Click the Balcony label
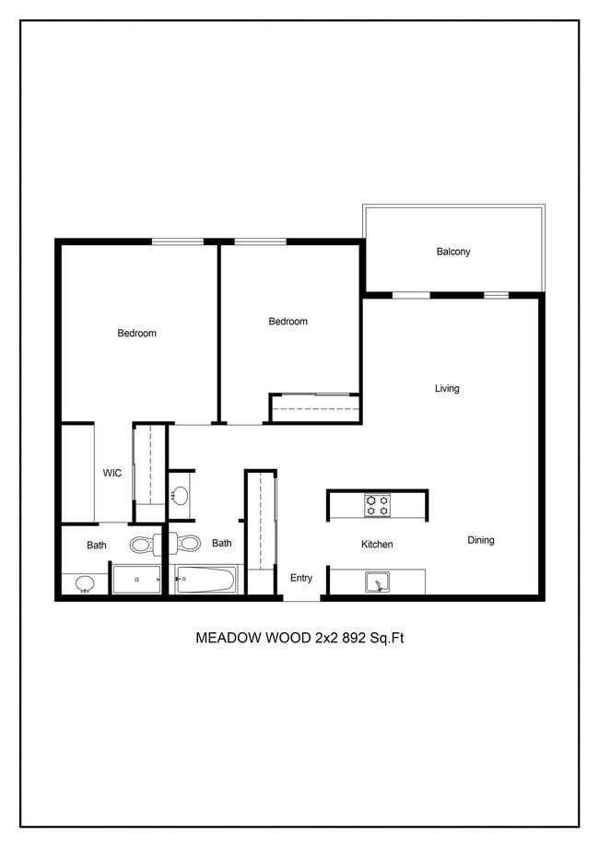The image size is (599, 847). [453, 252]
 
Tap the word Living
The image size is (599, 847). [447, 388]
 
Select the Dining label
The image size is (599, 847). [481, 540]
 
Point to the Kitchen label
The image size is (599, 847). [377, 544]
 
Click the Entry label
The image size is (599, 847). [300, 578]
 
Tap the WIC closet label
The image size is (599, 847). [112, 473]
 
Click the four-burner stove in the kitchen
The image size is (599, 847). [377, 505]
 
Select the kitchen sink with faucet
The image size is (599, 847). [377, 582]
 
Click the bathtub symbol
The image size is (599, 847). [205, 580]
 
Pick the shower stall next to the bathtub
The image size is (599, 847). [136, 579]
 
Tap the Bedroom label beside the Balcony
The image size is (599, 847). [288, 322]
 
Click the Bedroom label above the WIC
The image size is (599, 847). [136, 334]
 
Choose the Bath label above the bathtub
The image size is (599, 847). [221, 544]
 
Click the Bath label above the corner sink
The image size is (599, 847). [97, 545]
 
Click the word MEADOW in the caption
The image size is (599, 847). [228, 638]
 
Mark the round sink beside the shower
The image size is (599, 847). [85, 584]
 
